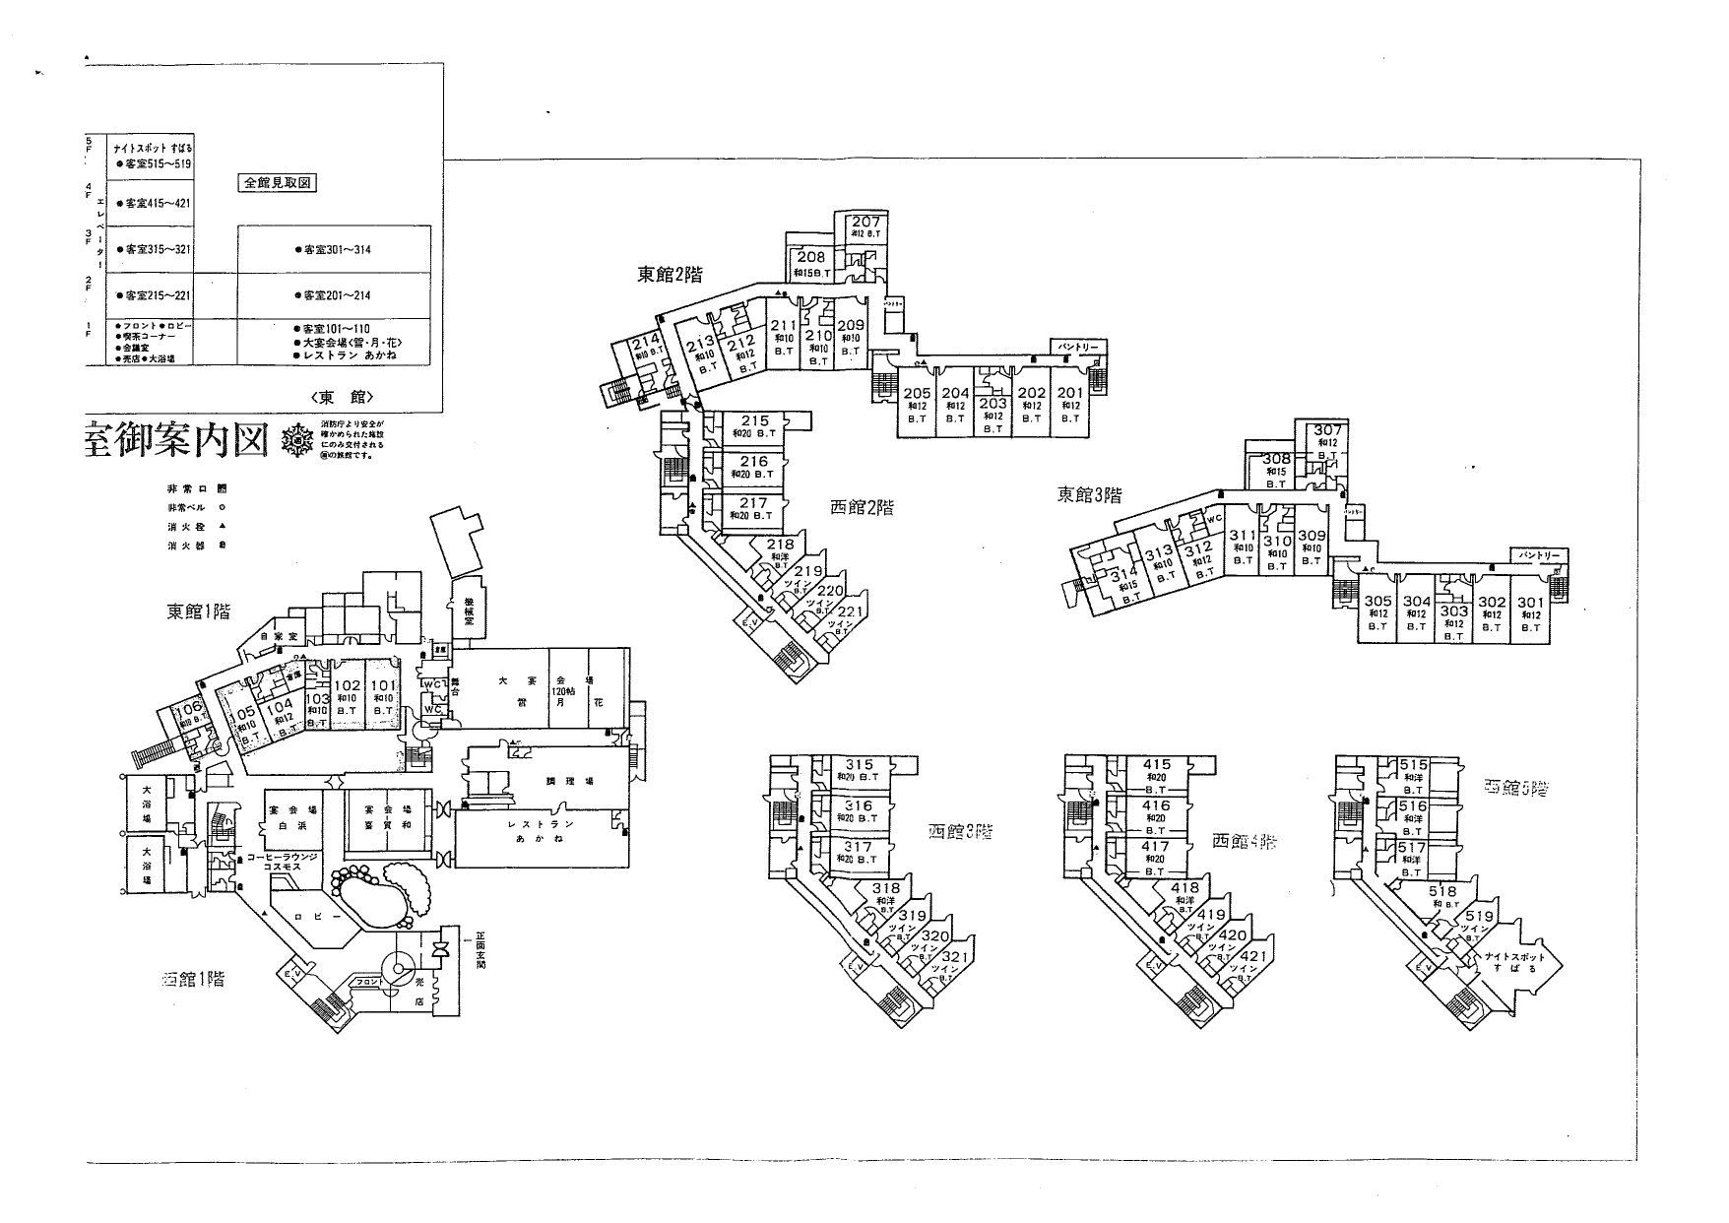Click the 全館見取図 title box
pos(277,182)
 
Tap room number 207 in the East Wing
pos(865,222)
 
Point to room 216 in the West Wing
pos(754,462)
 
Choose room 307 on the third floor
pos(1328,430)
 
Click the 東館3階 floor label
pos(1089,495)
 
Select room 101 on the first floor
pos(383,686)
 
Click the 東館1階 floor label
pos(198,611)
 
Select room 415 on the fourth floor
pos(1156,764)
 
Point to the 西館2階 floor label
pos(862,508)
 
